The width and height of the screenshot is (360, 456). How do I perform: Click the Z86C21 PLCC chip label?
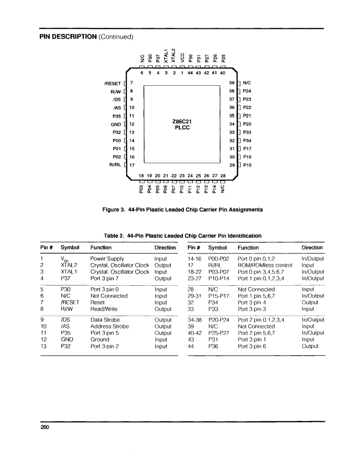coord(182,125)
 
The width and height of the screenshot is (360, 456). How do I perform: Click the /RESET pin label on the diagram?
coord(113,83)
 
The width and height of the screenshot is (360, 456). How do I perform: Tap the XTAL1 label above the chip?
coord(166,56)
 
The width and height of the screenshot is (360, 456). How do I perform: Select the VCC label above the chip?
coord(182,57)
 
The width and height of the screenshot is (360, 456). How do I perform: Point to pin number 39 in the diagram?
coord(232,83)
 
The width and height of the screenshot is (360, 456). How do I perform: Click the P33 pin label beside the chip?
coord(247,132)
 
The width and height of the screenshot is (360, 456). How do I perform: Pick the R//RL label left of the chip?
coord(116,165)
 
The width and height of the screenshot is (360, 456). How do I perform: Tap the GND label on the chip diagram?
coord(116,125)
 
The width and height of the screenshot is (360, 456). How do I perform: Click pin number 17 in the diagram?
coord(132,165)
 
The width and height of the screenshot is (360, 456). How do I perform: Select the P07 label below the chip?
coord(174,189)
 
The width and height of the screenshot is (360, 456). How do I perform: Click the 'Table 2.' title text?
coord(114,236)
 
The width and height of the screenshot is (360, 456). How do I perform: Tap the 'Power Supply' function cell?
coord(107,259)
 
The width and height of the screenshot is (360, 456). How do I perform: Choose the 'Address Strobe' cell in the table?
coord(110,326)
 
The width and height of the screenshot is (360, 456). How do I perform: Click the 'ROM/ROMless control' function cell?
coord(265,265)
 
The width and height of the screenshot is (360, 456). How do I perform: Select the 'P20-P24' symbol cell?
coord(219,320)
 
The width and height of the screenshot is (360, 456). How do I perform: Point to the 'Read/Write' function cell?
coord(104,309)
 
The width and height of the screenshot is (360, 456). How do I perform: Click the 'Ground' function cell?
coord(100,339)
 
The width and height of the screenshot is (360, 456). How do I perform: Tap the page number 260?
coord(45,427)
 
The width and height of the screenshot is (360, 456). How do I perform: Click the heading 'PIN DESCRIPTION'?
coord(68,37)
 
